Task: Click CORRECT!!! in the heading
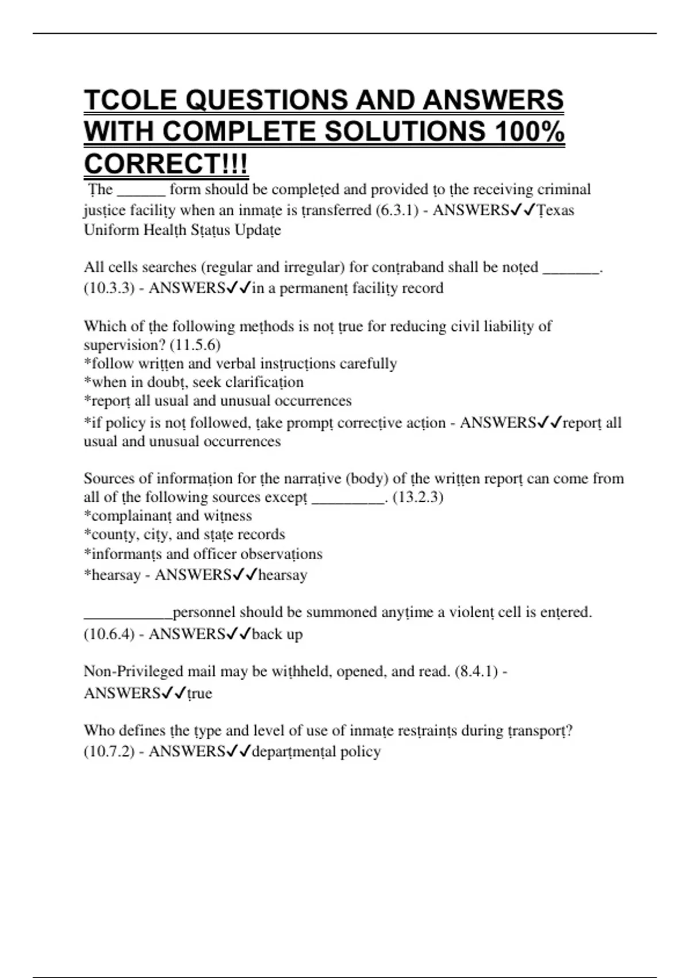click(166, 164)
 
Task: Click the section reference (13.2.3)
click(417, 497)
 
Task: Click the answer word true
click(200, 693)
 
